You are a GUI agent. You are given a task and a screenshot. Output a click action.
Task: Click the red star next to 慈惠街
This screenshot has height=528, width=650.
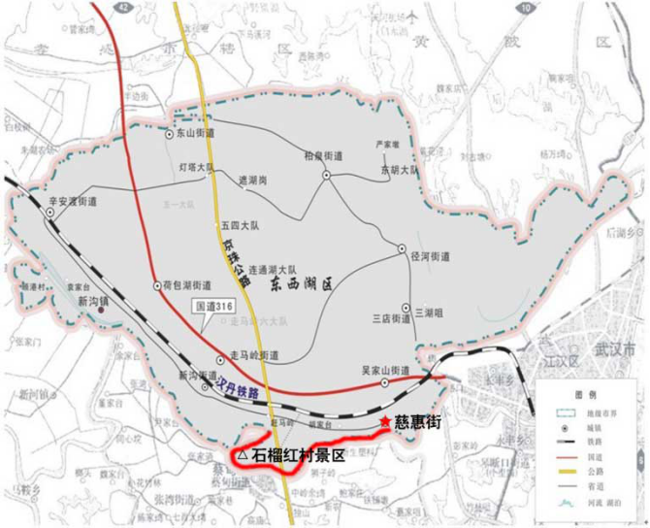(x=385, y=422)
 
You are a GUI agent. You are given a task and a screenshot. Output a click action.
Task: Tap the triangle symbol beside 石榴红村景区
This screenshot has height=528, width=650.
(x=242, y=453)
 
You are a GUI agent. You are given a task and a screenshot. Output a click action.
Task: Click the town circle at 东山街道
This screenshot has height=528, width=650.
(x=168, y=133)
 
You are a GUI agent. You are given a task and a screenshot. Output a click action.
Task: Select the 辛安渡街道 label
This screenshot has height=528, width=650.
(x=74, y=201)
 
